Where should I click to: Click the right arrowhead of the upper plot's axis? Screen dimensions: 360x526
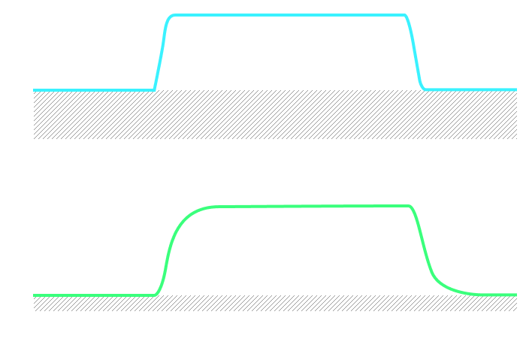tap(521, 139)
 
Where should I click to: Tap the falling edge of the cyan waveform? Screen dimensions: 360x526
tap(414, 53)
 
